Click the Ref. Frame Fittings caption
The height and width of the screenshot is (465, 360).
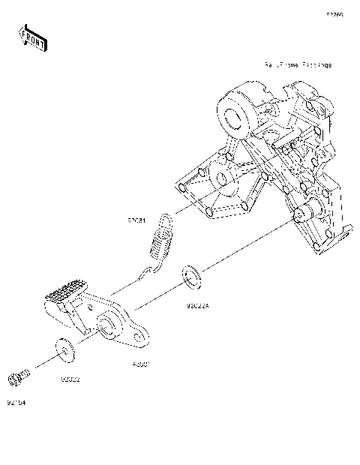(297, 65)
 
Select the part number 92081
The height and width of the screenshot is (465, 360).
(136, 221)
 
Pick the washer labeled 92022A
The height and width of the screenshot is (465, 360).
(191, 277)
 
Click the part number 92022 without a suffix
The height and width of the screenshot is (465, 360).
(70, 379)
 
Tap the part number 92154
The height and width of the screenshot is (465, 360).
(16, 403)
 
